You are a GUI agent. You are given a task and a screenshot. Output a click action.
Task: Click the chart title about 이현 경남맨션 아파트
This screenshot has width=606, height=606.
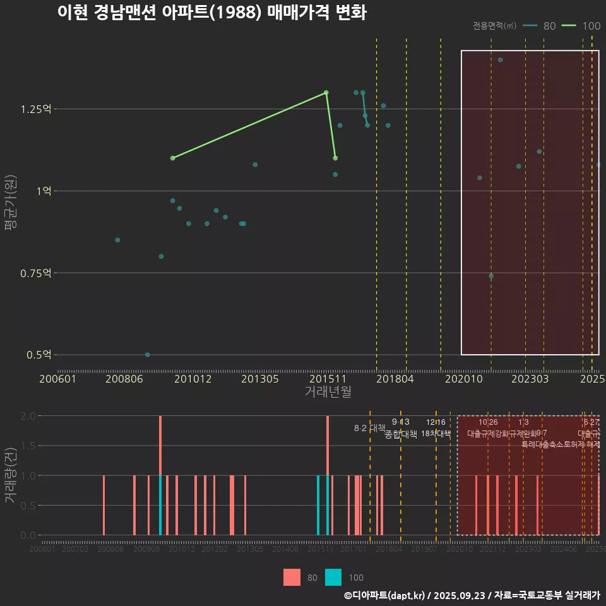point(211,13)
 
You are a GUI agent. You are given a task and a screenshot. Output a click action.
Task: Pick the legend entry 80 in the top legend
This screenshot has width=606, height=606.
point(540,26)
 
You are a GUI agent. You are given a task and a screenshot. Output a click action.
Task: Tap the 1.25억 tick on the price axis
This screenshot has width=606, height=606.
point(35,109)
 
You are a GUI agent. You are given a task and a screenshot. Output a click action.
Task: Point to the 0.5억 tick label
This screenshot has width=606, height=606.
point(38,355)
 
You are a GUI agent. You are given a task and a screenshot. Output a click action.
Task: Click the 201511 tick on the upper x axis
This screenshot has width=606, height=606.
point(326,379)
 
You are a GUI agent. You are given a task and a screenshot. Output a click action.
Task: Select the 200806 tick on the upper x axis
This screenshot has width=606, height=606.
point(123,379)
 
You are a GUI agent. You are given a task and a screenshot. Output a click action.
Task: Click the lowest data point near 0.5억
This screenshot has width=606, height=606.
point(148,355)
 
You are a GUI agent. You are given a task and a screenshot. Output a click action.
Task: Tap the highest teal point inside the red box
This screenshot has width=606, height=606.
point(501,60)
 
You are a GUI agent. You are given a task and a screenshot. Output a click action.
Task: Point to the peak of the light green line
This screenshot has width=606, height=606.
point(326,92)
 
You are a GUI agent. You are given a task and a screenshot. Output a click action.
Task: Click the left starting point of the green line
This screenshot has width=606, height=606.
point(173,158)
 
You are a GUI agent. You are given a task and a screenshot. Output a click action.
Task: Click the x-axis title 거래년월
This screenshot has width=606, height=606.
point(328,392)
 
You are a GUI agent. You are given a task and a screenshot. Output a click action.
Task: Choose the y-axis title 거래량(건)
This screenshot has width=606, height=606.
point(11,475)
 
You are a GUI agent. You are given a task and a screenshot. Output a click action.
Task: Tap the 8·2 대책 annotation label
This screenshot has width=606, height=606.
point(369,429)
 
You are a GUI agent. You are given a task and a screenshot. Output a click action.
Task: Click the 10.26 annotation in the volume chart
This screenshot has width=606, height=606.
point(488,422)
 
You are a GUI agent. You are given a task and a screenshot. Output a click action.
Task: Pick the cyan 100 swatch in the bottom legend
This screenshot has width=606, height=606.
point(333,577)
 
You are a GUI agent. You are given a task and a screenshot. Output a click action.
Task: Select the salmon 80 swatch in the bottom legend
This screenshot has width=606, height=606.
point(292,577)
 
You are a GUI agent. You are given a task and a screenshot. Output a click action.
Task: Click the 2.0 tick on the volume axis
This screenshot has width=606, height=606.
point(28,416)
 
